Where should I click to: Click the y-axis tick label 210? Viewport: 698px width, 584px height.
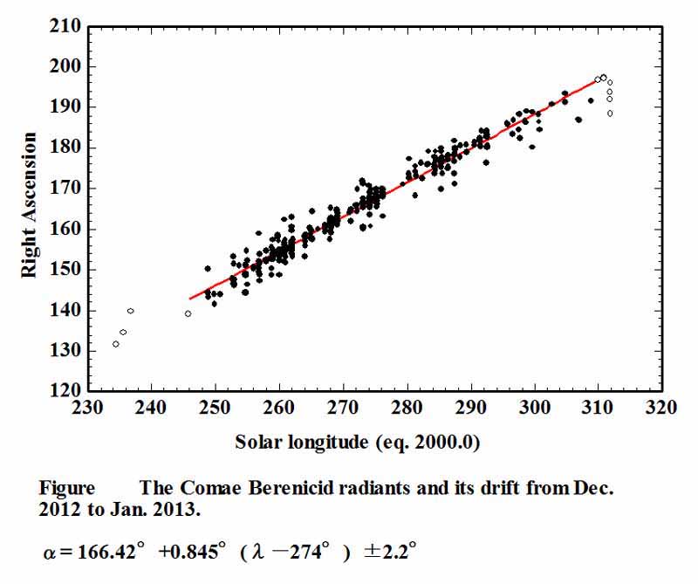click(x=69, y=26)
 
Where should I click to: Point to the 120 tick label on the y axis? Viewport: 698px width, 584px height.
click(x=69, y=390)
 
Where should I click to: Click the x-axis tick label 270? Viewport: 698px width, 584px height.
click(x=343, y=408)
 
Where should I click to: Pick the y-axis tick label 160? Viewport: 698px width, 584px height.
click(x=69, y=229)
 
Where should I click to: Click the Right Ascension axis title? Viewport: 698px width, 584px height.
click(x=29, y=206)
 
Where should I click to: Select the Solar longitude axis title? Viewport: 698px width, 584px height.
click(x=358, y=443)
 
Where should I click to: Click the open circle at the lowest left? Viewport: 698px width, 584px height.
click(x=116, y=344)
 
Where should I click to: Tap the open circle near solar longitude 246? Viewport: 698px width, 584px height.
click(x=188, y=313)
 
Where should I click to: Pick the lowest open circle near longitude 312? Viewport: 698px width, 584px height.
click(x=610, y=113)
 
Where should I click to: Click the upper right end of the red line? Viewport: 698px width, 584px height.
click(x=597, y=80)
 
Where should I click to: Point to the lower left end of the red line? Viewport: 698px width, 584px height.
click(x=190, y=299)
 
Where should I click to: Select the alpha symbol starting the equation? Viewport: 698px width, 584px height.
click(x=49, y=553)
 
